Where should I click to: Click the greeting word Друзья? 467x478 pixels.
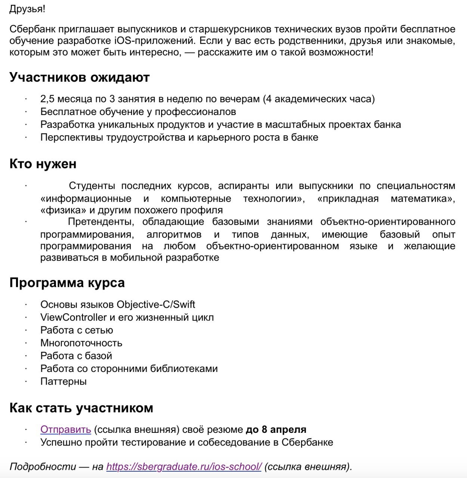pos(27,9)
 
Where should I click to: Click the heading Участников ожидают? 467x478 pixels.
pos(79,77)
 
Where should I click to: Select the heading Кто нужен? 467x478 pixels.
pos(43,164)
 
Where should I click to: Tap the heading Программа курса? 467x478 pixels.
pos(67,283)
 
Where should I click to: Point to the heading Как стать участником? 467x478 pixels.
pos(81,408)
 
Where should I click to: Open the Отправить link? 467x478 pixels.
pos(65,429)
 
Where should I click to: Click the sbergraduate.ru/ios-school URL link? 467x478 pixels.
pos(184,466)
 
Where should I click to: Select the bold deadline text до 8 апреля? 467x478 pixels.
pos(276,429)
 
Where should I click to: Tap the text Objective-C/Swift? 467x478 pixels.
pos(156,304)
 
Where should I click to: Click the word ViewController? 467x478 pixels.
pos(74,317)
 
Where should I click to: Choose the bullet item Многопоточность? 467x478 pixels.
pos(81,343)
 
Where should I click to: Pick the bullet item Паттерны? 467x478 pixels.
pos(64,381)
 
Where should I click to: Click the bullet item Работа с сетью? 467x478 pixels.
pos(77,330)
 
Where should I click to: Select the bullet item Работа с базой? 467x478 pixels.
pos(76,356)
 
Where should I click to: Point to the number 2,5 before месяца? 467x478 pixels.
pos(47,99)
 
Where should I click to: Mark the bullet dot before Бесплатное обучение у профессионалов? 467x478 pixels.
pos(26,112)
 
